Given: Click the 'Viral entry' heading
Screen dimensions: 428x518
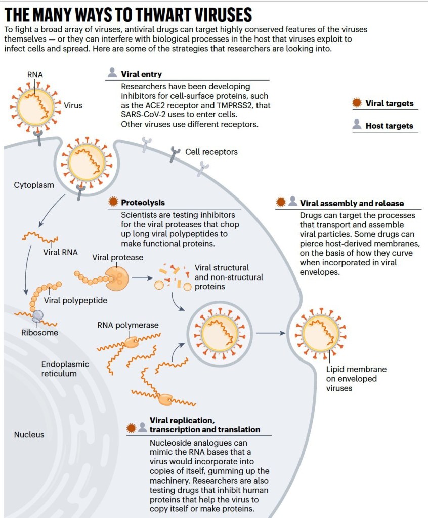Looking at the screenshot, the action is [x=141, y=74].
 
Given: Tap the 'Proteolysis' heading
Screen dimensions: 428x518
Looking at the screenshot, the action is [x=143, y=202].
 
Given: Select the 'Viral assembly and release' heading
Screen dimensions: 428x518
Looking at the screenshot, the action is [x=352, y=203].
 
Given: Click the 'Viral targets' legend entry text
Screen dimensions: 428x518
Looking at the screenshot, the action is [x=390, y=103].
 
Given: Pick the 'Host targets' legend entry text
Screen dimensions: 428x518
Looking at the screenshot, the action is [x=390, y=126].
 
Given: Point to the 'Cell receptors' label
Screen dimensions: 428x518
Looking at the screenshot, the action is [x=211, y=152].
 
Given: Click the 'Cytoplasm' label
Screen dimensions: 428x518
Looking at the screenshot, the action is [x=34, y=185].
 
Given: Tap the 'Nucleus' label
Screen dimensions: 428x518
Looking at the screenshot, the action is [x=29, y=435].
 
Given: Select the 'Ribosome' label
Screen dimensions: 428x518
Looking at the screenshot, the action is [x=39, y=333].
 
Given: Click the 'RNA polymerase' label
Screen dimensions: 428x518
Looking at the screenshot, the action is [x=127, y=325].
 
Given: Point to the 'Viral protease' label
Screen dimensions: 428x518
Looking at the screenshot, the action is [x=117, y=257].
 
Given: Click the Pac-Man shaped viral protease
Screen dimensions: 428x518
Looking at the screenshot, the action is [x=117, y=278].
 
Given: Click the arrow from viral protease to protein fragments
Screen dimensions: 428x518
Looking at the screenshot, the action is [x=142, y=278].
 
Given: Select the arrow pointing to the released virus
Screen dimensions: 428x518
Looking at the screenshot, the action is [x=271, y=333].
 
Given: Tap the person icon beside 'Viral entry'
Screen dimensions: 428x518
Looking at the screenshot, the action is [x=112, y=73].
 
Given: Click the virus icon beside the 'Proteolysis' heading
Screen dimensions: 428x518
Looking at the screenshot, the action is [x=113, y=202].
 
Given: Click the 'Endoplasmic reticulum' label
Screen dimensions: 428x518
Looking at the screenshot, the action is [x=65, y=369].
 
